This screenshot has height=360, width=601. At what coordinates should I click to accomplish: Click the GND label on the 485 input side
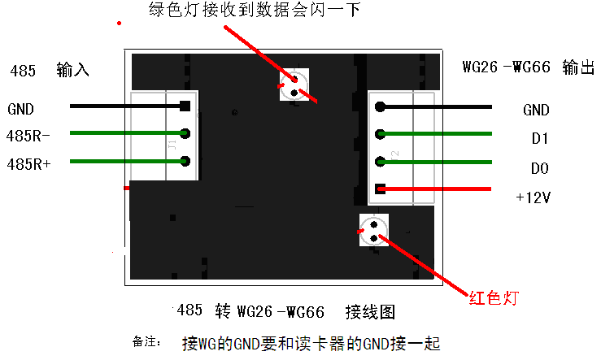point(20,108)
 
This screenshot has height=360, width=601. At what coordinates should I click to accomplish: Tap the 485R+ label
point(28,163)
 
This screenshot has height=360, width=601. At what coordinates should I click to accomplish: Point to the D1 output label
point(539,139)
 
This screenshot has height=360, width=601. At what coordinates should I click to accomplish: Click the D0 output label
point(539,168)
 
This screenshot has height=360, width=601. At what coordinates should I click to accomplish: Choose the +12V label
point(534,197)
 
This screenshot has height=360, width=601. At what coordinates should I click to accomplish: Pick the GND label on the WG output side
point(536,110)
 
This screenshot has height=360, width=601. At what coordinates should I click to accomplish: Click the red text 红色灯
point(493,297)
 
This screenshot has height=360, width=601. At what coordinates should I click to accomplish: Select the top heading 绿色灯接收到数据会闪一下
point(254,11)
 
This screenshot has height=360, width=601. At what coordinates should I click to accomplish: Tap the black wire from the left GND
point(122,106)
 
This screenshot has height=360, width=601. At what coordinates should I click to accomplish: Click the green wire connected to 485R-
point(122,133)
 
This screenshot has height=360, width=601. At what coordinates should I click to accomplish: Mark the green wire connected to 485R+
point(122,161)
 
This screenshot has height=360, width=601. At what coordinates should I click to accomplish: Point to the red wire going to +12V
point(439,189)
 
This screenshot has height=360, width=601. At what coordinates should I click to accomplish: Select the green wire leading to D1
point(439,134)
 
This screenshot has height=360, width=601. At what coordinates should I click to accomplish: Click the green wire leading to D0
point(439,161)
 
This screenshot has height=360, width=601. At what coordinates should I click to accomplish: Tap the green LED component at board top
point(294,85)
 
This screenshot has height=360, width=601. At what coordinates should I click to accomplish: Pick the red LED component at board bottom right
point(375,230)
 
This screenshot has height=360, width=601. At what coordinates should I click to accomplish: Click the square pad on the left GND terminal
point(185,106)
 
